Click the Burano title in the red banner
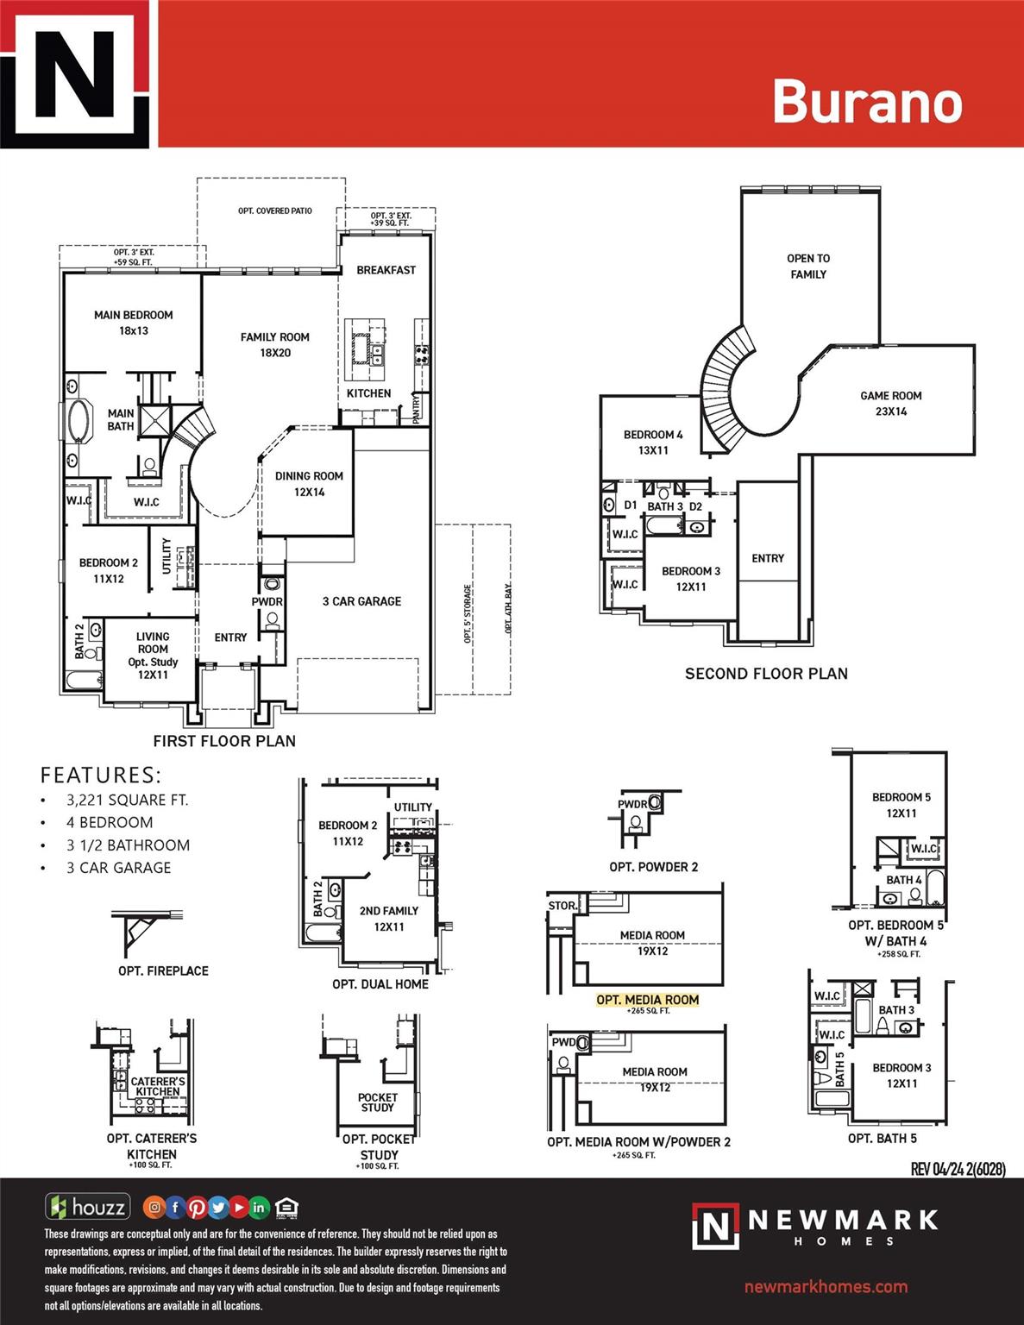pyautogui.click(x=866, y=102)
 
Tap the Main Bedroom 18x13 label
pyautogui.click(x=134, y=323)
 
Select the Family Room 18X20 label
pyautogui.click(x=274, y=345)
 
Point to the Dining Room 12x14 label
pyautogui.click(x=309, y=484)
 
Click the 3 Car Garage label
pyautogui.click(x=361, y=601)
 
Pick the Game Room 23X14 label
pyautogui.click(x=890, y=404)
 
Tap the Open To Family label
pyautogui.click(x=808, y=267)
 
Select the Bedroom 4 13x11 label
pyautogui.click(x=653, y=443)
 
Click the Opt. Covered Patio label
pyautogui.click(x=275, y=210)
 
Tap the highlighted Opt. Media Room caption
pyautogui.click(x=647, y=1000)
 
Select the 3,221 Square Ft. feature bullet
pyautogui.click(x=127, y=800)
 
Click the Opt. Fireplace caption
pyautogui.click(x=163, y=971)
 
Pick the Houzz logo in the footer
pyautogui.click(x=87, y=1207)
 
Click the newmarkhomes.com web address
pyautogui.click(x=826, y=1287)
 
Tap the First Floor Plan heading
pyautogui.click(x=224, y=741)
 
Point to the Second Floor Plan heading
pyautogui.click(x=766, y=674)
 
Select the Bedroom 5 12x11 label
pyautogui.click(x=901, y=805)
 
